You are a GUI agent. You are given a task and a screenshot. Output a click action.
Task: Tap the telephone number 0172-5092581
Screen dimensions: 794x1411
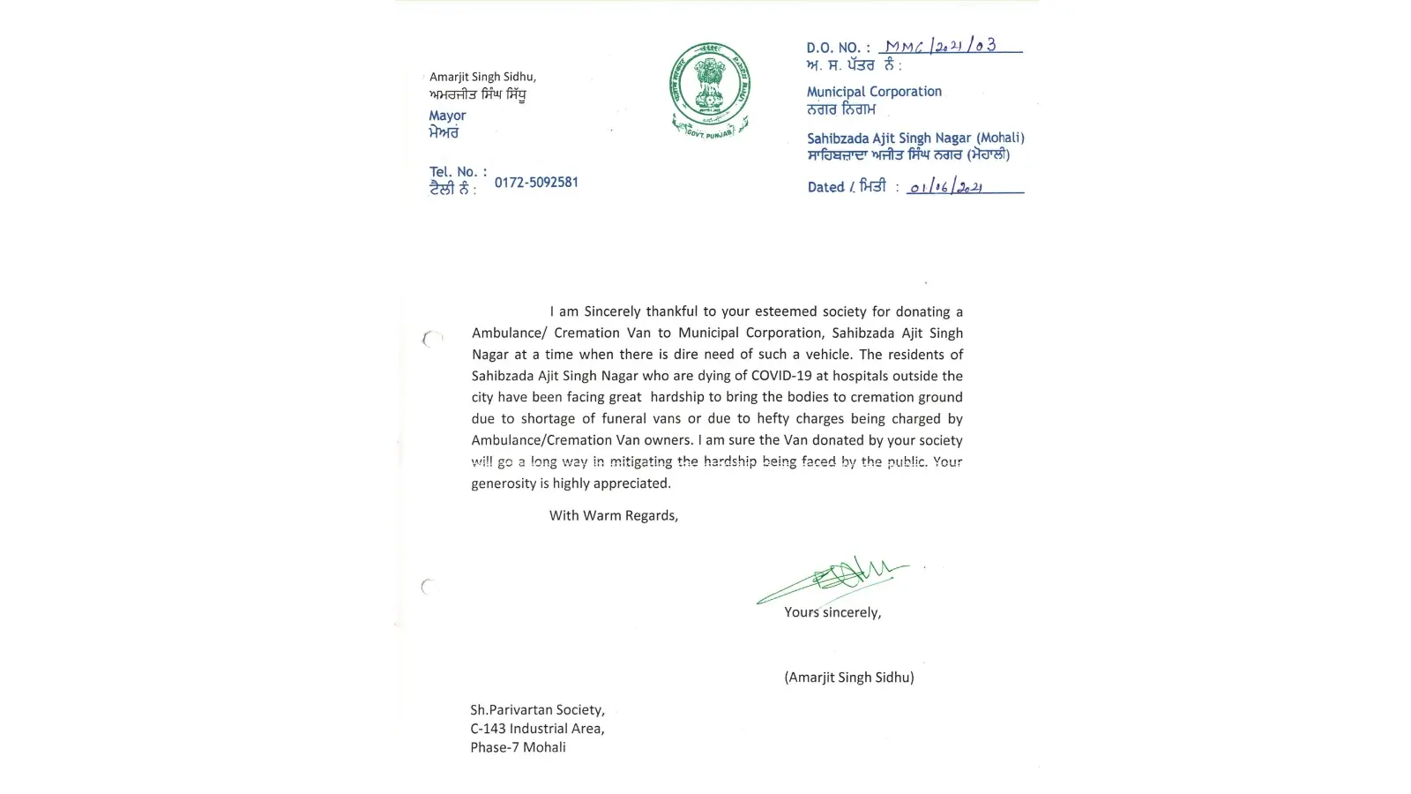pyautogui.click(x=536, y=183)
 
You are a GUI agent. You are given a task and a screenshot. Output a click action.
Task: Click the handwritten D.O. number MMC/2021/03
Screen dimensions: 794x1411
pyautogui.click(x=941, y=46)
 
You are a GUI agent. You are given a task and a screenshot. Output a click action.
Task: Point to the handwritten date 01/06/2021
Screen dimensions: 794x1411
pyautogui.click(x=946, y=187)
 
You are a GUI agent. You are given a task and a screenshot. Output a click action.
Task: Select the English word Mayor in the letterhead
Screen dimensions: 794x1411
pyautogui.click(x=447, y=116)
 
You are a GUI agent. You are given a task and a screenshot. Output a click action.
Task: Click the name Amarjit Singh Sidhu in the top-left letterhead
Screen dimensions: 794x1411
pyautogui.click(x=482, y=77)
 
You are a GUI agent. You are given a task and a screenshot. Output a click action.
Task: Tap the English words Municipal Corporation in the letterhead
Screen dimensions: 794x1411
pyautogui.click(x=874, y=92)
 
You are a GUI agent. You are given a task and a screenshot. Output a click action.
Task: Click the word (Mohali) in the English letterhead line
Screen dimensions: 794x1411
pyautogui.click(x=1000, y=138)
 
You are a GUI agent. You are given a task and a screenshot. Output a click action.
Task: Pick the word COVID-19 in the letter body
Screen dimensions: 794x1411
pyautogui.click(x=781, y=376)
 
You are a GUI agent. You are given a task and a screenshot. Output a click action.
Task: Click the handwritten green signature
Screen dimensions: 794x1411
pyautogui.click(x=833, y=578)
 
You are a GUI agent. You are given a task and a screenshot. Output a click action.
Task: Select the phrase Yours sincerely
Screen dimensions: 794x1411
pyautogui.click(x=832, y=612)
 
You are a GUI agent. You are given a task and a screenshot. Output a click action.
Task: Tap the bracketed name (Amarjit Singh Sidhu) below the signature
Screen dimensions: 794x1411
pyautogui.click(x=849, y=678)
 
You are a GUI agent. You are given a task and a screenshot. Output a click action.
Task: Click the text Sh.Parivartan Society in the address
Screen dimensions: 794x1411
pyautogui.click(x=537, y=709)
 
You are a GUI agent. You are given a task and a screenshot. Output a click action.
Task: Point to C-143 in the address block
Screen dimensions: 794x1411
pyautogui.click(x=489, y=729)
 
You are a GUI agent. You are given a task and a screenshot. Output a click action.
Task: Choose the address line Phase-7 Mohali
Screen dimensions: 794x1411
pyautogui.click(x=518, y=747)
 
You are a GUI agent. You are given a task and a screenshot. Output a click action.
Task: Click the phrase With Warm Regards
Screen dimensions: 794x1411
pyautogui.click(x=614, y=515)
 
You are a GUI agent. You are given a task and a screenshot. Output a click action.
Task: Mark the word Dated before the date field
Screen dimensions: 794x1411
pyautogui.click(x=825, y=187)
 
